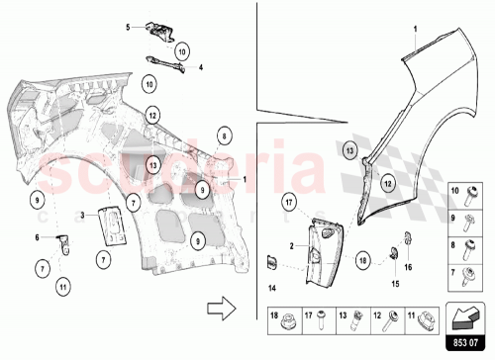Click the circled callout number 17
click(290, 206)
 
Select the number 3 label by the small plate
click(85, 211)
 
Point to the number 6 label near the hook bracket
click(38, 236)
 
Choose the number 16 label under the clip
click(410, 266)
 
